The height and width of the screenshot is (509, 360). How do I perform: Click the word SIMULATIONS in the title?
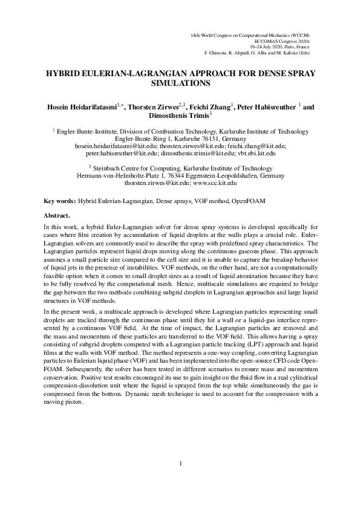180,83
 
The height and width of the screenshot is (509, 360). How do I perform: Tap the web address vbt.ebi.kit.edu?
257,154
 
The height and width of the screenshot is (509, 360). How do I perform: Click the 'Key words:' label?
60,199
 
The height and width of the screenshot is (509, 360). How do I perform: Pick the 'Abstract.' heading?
57,215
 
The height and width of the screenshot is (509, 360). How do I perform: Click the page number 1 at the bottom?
180,463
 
